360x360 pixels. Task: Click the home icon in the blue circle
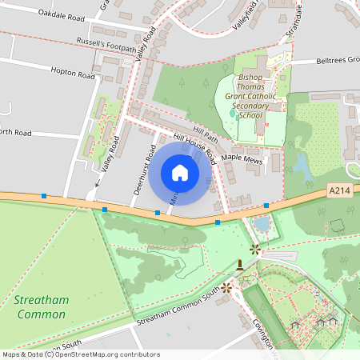click(x=180, y=172)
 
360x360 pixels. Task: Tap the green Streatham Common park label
click(x=41, y=306)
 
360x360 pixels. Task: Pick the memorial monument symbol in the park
click(x=240, y=263)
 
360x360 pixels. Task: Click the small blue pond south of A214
click(x=262, y=223)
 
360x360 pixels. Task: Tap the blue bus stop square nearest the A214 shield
click(x=266, y=206)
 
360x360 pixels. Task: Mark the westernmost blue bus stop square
click(x=44, y=196)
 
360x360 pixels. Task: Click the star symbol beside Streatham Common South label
click(x=226, y=286)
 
